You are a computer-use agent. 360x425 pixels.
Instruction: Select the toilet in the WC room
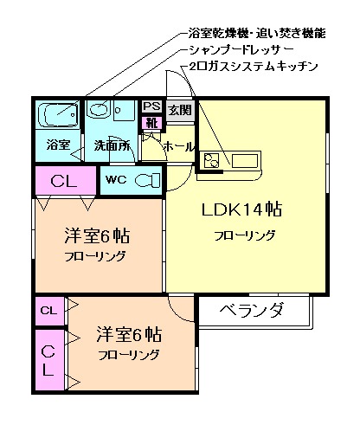(149, 180)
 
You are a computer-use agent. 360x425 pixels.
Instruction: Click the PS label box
(151, 106)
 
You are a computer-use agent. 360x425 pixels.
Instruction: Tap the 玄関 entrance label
(179, 110)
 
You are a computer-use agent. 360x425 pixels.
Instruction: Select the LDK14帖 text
(244, 211)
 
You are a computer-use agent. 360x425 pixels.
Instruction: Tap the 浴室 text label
(58, 145)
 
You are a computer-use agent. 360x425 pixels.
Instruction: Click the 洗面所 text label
(111, 145)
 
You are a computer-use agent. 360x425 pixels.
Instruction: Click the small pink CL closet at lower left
(49, 310)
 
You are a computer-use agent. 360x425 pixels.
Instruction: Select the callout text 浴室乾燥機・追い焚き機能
(256, 34)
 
